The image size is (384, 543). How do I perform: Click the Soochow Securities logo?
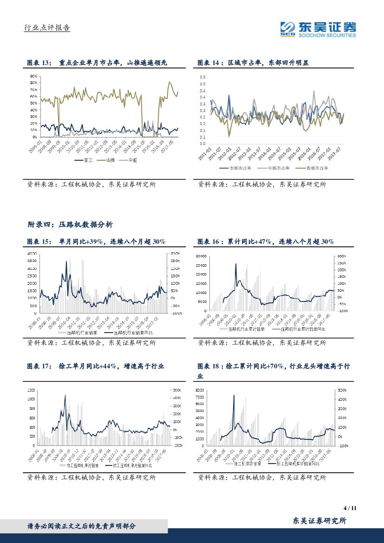click(318, 28)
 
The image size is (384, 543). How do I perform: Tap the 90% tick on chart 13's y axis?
click(33, 76)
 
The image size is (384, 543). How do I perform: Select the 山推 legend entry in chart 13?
click(108, 160)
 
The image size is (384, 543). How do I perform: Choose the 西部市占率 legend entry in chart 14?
click(316, 168)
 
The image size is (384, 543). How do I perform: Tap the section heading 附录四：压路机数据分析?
click(70, 224)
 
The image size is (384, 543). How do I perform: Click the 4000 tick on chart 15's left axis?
click(32, 254)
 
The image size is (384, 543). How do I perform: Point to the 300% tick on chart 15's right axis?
click(175, 254)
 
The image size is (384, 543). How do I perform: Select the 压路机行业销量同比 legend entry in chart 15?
click(132, 333)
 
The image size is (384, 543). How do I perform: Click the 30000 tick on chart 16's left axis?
click(201, 256)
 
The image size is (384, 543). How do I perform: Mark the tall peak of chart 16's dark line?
click(235, 264)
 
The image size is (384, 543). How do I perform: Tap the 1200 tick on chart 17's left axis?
click(31, 390)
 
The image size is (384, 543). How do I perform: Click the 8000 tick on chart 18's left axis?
click(200, 390)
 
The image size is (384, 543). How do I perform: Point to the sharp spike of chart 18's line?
click(234, 396)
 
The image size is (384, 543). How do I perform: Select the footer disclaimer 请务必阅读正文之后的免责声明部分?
click(82, 526)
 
